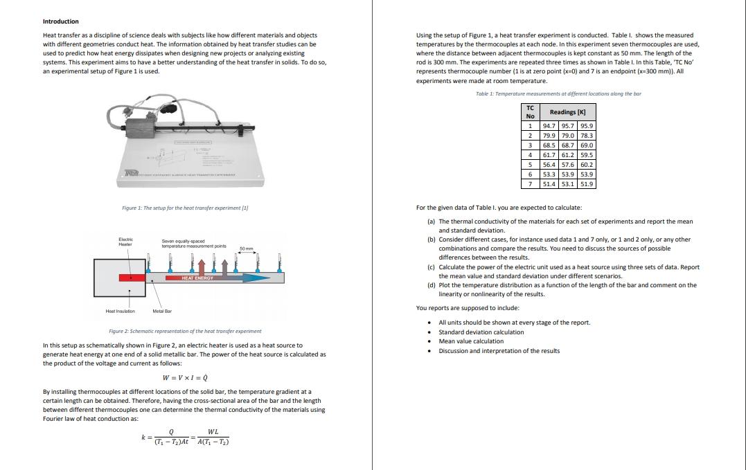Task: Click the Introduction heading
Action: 61,21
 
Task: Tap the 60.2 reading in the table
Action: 587,165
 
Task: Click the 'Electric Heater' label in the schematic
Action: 125,242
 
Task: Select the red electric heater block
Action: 132,277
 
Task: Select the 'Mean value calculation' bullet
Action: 471,341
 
